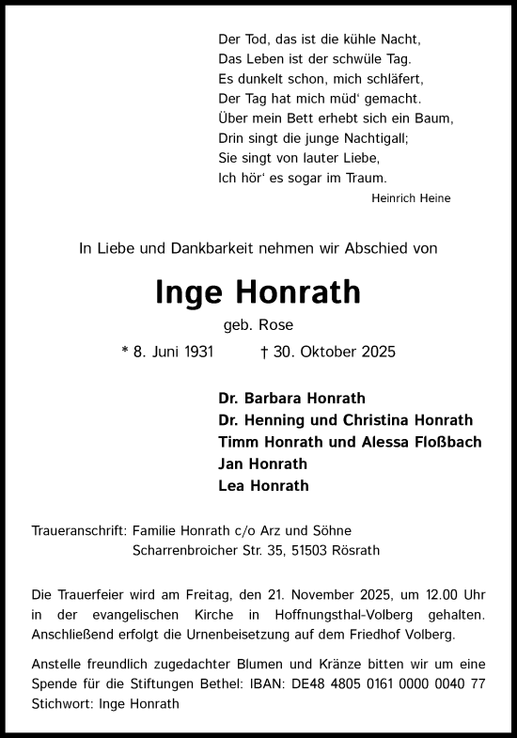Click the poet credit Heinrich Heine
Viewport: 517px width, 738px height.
click(411, 198)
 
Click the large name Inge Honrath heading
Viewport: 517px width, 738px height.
click(258, 292)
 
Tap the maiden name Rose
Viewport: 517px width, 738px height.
click(279, 326)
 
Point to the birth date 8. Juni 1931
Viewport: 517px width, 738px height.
click(174, 353)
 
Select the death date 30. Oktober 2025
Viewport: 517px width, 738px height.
click(334, 353)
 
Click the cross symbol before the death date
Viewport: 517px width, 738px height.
click(264, 353)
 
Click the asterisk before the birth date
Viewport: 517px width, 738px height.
click(125, 352)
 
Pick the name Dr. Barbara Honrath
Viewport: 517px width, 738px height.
click(291, 399)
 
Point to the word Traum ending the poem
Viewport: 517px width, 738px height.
click(368, 178)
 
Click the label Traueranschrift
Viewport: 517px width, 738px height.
click(80, 531)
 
